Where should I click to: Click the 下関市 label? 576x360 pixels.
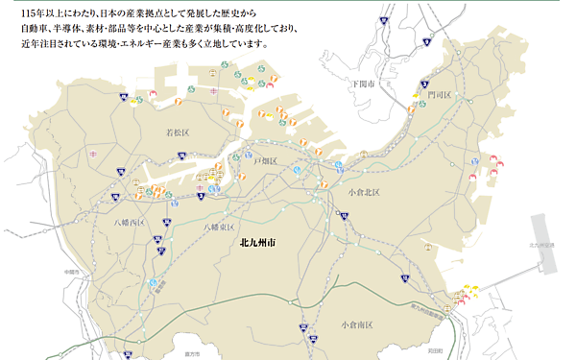[x=363, y=84]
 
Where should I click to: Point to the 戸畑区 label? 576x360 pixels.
[x=265, y=160]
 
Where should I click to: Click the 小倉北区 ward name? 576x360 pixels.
[x=364, y=193]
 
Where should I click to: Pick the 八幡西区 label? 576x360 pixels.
[x=128, y=223]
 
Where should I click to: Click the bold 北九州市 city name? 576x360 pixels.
[x=258, y=244]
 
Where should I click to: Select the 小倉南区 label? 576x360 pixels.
[x=356, y=325]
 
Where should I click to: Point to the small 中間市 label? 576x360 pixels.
[x=64, y=272]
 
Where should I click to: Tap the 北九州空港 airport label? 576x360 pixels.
[x=542, y=246]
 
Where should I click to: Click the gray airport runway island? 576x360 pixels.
[x=548, y=275]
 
